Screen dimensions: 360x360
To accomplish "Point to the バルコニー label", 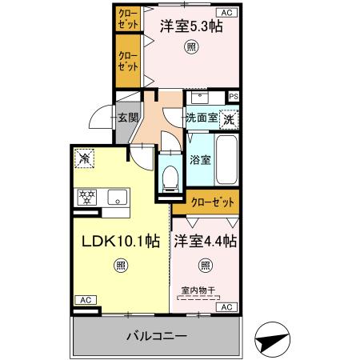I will [155, 336].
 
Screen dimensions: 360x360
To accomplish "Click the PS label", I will [233, 97].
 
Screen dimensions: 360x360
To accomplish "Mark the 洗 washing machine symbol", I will [230, 118].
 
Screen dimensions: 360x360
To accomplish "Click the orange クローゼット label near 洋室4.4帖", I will [213, 202].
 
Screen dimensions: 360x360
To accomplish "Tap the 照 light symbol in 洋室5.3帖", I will [190, 46].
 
